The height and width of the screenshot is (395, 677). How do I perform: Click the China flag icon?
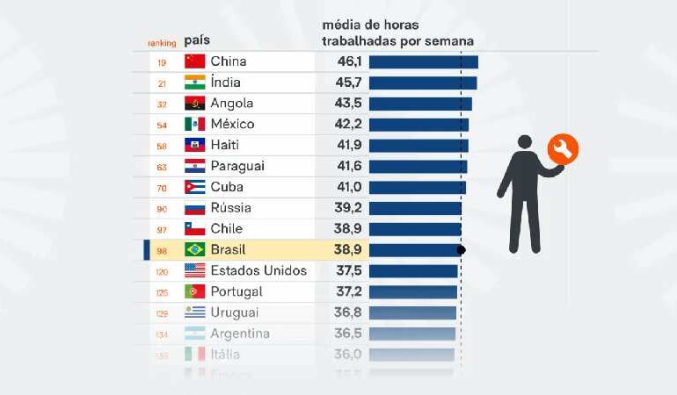tap(194, 61)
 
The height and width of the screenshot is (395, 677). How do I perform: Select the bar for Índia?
tap(422, 83)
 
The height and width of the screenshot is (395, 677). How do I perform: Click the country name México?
tap(232, 124)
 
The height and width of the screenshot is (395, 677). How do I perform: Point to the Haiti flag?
tap(194, 145)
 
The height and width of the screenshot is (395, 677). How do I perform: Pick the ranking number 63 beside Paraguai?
tap(162, 167)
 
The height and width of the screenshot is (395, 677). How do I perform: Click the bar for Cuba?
tap(417, 187)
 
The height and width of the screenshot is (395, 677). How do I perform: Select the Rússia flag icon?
tap(194, 208)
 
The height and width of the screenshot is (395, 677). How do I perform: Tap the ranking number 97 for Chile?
tap(162, 229)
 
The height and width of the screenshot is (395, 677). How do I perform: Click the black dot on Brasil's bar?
tap(462, 250)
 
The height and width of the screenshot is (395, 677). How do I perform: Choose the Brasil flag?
tap(194, 249)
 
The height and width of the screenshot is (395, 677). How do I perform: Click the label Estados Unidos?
tap(258, 270)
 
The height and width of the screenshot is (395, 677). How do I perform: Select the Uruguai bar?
tap(412, 312)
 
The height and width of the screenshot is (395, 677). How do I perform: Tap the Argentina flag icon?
tap(194, 334)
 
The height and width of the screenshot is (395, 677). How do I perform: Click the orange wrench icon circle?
tap(563, 149)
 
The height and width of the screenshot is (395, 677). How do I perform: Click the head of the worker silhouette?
tap(525, 142)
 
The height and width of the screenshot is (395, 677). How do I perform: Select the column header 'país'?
tap(197, 40)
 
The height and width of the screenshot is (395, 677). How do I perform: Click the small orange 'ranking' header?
tap(162, 42)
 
